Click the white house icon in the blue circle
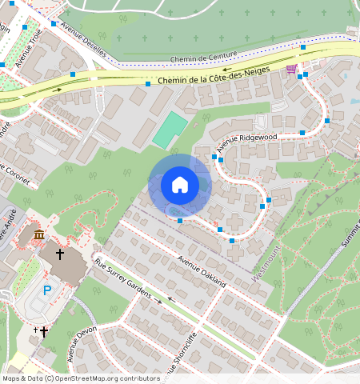(x=180, y=185)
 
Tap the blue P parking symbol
(x=46, y=290)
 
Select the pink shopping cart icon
(x=293, y=70)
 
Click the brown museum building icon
(x=40, y=234)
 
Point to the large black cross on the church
(x=59, y=254)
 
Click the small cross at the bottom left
(x=43, y=331)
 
